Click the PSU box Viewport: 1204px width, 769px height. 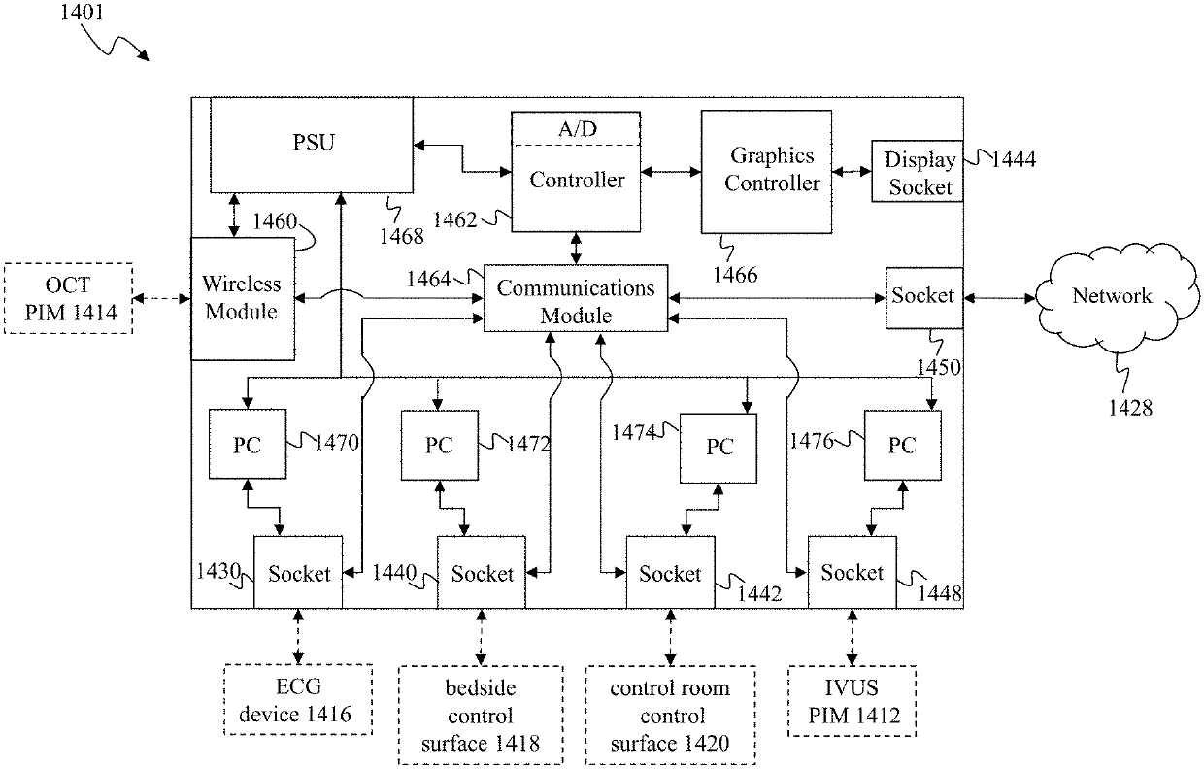(x=312, y=144)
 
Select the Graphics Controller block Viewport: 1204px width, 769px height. (x=766, y=171)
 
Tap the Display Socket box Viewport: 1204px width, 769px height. (x=917, y=173)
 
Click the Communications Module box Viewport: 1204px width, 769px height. (x=576, y=301)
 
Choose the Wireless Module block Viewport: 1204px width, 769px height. (x=241, y=299)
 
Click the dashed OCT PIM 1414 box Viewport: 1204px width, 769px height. (x=68, y=298)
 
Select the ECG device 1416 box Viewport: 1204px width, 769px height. (x=297, y=702)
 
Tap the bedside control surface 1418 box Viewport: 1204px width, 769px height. (x=481, y=716)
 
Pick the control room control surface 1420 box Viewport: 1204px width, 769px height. (x=669, y=716)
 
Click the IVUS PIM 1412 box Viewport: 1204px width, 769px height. (x=852, y=702)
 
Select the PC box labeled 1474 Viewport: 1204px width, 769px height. (x=719, y=447)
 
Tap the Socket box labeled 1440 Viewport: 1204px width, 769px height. (x=482, y=573)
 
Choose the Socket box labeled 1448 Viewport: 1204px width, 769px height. (x=853, y=573)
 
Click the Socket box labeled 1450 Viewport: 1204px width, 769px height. (x=923, y=296)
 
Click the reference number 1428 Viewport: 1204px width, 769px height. (x=1131, y=407)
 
